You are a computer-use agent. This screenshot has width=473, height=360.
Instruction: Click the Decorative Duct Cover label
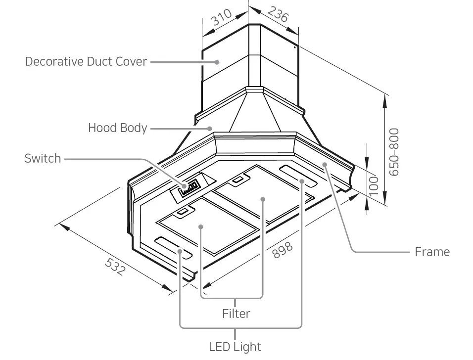click(86, 62)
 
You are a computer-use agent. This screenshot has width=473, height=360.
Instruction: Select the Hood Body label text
click(117, 128)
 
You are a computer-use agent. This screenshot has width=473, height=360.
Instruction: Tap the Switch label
click(43, 159)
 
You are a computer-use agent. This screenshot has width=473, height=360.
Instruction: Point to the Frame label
click(432, 252)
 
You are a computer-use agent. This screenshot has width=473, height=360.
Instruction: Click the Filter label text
click(236, 314)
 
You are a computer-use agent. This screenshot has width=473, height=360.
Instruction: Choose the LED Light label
click(235, 347)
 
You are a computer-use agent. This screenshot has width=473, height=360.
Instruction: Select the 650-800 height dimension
click(394, 152)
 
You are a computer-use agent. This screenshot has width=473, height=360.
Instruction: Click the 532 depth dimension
click(115, 267)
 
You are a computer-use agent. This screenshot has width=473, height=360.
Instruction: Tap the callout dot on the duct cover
click(217, 62)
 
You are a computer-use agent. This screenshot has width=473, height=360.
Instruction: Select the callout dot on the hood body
click(210, 128)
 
